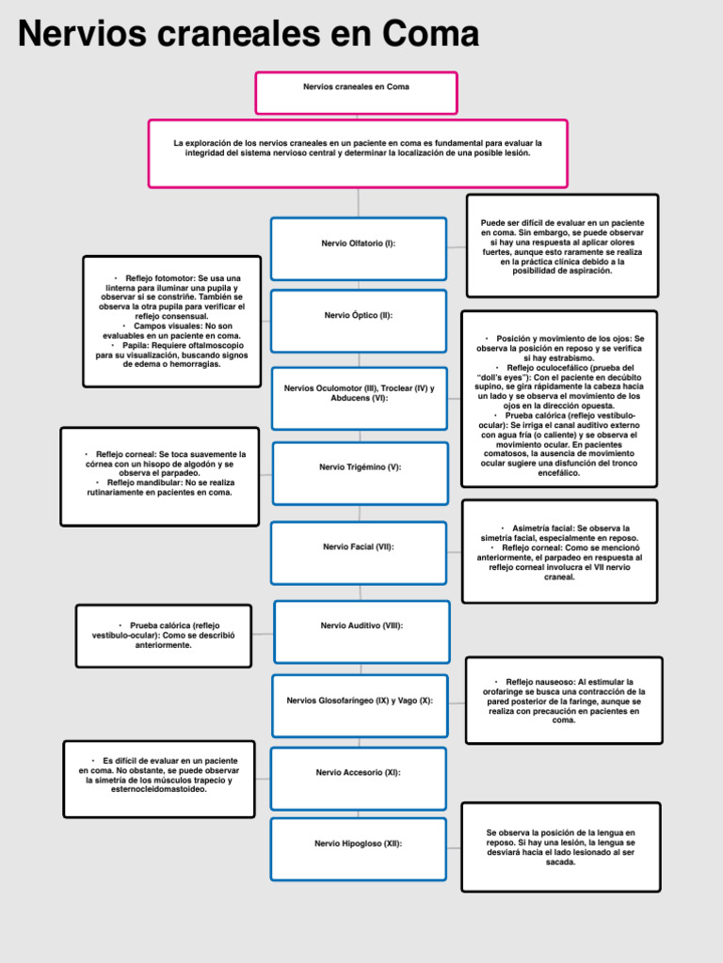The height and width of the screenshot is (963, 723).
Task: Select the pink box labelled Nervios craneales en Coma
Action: click(356, 92)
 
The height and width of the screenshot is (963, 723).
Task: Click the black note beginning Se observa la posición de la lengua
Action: click(560, 846)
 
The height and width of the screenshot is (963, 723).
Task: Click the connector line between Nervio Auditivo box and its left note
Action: click(263, 634)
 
